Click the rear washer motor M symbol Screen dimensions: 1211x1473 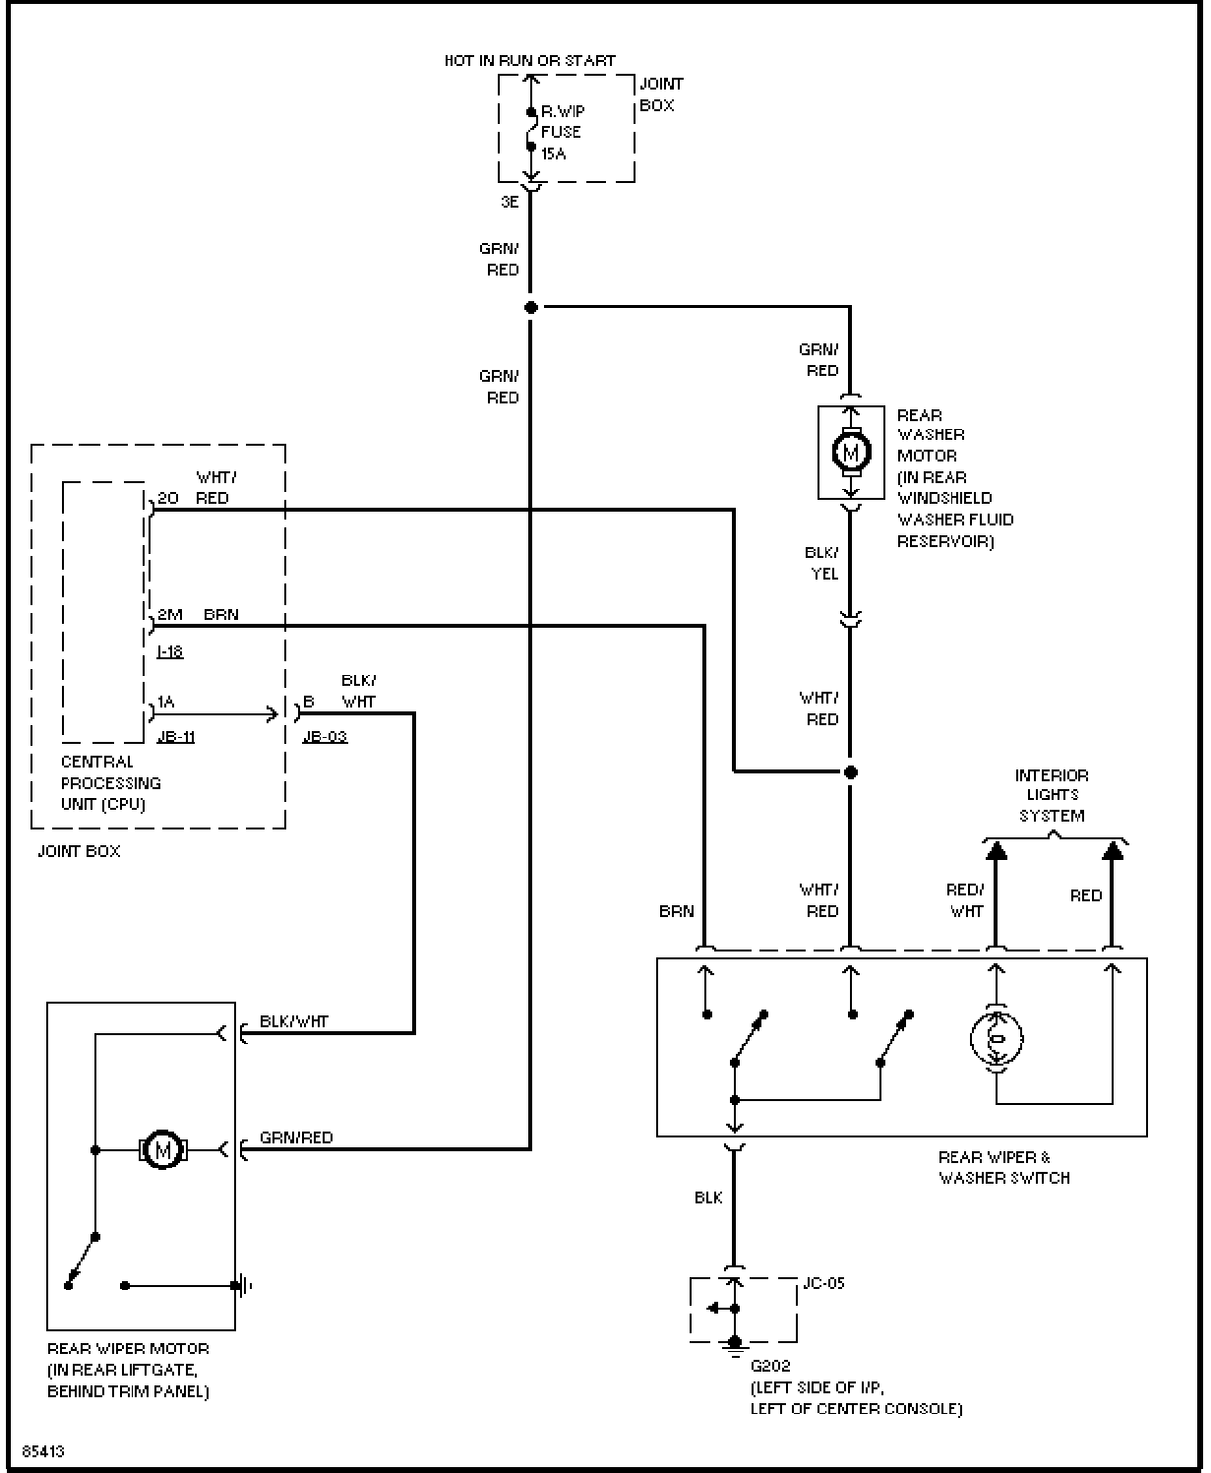click(x=851, y=453)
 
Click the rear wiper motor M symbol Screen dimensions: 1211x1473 click(x=162, y=1149)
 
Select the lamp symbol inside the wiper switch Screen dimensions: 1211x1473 click(x=997, y=1038)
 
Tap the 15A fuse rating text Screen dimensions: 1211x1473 click(x=553, y=153)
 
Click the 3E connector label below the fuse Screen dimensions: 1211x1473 click(x=510, y=202)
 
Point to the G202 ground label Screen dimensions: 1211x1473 click(x=770, y=1365)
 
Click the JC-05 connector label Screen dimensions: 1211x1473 click(x=823, y=1283)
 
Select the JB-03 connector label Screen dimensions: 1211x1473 click(x=325, y=736)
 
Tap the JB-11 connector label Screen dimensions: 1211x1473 click(x=176, y=736)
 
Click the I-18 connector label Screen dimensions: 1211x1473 click(x=170, y=651)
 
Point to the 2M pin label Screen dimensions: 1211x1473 click(x=170, y=614)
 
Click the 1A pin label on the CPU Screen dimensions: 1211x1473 click(x=165, y=702)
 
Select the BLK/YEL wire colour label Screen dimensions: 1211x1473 click(x=822, y=563)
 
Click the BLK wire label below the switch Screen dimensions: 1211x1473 click(x=708, y=1197)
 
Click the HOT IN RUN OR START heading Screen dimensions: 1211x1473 click(x=530, y=61)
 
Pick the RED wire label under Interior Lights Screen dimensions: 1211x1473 click(x=1086, y=895)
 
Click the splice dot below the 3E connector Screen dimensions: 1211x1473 click(x=531, y=307)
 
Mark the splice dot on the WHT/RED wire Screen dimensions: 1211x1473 click(x=851, y=772)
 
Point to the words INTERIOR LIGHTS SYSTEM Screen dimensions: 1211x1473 click(x=1052, y=795)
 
